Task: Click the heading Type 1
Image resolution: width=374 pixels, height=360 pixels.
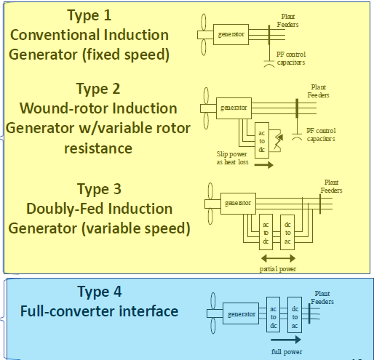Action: [x=90, y=15]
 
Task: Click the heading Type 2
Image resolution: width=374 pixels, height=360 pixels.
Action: [x=99, y=89]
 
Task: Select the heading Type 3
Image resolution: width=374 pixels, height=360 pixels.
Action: [x=99, y=190]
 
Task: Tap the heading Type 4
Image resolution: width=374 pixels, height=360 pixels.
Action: [x=100, y=292]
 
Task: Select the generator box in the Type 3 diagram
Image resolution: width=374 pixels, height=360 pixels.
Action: [x=239, y=203]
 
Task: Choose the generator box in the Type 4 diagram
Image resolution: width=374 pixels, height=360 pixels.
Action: [x=241, y=314]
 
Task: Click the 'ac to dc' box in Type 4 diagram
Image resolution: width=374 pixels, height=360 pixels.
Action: [x=274, y=314]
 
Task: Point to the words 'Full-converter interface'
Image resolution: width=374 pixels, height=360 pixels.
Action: [x=100, y=312]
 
